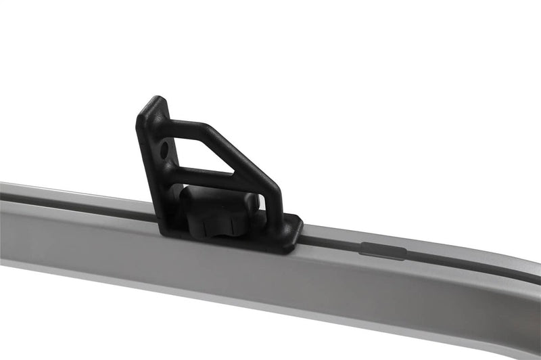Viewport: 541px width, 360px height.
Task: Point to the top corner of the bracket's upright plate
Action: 157,100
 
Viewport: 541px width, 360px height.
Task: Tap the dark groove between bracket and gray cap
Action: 331,242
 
